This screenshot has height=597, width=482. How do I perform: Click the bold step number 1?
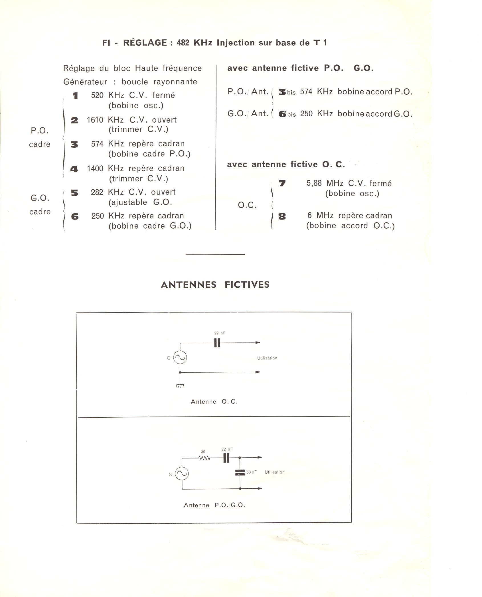[x=75, y=96]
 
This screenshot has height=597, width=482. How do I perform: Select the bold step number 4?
[x=74, y=169]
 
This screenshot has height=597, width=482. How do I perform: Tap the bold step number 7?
[x=282, y=183]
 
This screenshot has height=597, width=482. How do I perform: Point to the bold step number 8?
[x=282, y=217]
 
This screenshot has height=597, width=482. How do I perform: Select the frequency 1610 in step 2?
[x=95, y=120]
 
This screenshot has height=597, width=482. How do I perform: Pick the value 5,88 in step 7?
[x=314, y=183]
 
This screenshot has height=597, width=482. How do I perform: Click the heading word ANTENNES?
[x=189, y=285]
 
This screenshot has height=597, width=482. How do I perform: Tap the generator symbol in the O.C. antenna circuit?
[x=180, y=358]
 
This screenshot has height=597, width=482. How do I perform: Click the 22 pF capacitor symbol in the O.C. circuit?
[x=217, y=343]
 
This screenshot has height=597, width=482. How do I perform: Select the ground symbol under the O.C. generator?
[x=180, y=386]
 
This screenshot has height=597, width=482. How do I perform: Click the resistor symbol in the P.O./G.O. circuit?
[x=204, y=458]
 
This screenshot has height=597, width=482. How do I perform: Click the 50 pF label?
[x=252, y=472]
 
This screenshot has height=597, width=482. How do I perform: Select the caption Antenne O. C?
[x=214, y=402]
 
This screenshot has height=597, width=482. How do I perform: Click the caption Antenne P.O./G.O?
[x=214, y=505]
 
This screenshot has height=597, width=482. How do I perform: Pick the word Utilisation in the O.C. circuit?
[x=267, y=358]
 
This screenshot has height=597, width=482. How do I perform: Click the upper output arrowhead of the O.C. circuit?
[x=258, y=342]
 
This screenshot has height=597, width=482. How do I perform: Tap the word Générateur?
[x=85, y=82]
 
